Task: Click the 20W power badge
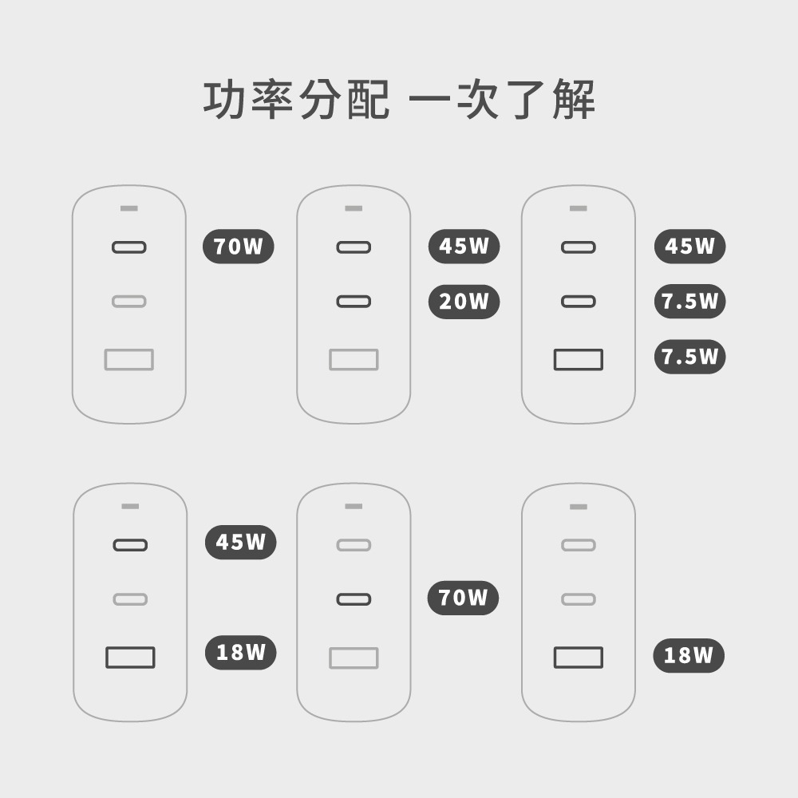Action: tap(464, 302)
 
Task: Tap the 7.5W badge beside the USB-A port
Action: tap(689, 357)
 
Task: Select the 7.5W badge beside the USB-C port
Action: tap(689, 302)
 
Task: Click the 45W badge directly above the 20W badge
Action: tap(464, 247)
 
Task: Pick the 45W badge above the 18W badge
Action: tap(241, 542)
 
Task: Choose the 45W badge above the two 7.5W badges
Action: tap(689, 247)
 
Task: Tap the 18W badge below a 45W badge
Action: tap(241, 653)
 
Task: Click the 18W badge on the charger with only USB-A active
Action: tap(689, 655)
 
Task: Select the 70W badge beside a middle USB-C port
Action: tap(463, 598)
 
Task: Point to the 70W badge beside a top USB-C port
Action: tap(238, 247)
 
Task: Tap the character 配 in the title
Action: tap(368, 99)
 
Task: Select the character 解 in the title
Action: tap(574, 99)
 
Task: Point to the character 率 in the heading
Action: tap(272, 99)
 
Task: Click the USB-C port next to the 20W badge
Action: tap(354, 302)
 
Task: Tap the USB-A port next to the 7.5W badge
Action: tap(578, 359)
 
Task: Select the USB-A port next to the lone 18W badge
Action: tap(578, 658)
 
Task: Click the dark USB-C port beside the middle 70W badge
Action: tap(354, 599)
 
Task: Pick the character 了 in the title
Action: tap(526, 99)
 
